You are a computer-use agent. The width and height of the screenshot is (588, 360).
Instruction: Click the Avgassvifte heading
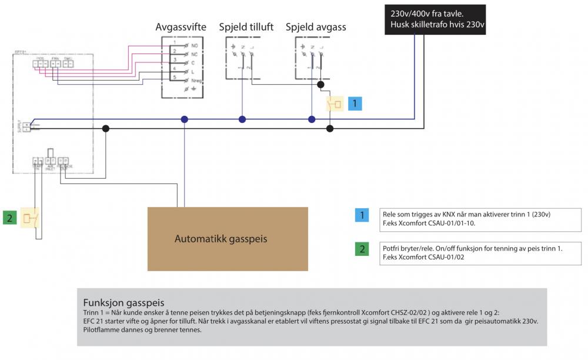[x=181, y=28]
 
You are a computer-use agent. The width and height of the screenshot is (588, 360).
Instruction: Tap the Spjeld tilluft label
[x=246, y=28]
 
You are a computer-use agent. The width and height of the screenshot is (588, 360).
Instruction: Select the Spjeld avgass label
[x=316, y=28]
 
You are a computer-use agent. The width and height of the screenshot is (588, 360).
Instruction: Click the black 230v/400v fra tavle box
[x=435, y=19]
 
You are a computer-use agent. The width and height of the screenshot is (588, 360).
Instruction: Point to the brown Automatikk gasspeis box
[x=228, y=239]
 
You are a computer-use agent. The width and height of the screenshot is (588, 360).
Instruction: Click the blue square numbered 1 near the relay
[x=355, y=104]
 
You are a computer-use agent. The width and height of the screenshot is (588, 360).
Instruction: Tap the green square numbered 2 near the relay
[x=10, y=218]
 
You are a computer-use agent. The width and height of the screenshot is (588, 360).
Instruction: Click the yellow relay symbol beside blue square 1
[x=335, y=105]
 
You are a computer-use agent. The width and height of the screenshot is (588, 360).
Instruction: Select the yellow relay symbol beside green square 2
[x=29, y=218]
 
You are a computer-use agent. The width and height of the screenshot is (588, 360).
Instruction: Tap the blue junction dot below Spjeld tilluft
[x=242, y=119]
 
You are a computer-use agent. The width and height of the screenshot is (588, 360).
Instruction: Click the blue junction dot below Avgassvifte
[x=185, y=119]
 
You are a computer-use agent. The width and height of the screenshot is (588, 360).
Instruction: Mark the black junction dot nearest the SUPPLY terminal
[x=106, y=128]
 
